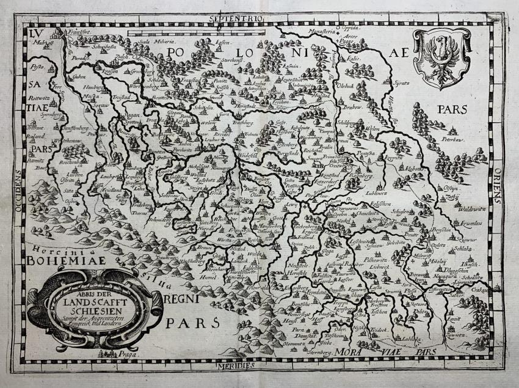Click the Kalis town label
coord(353,59)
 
